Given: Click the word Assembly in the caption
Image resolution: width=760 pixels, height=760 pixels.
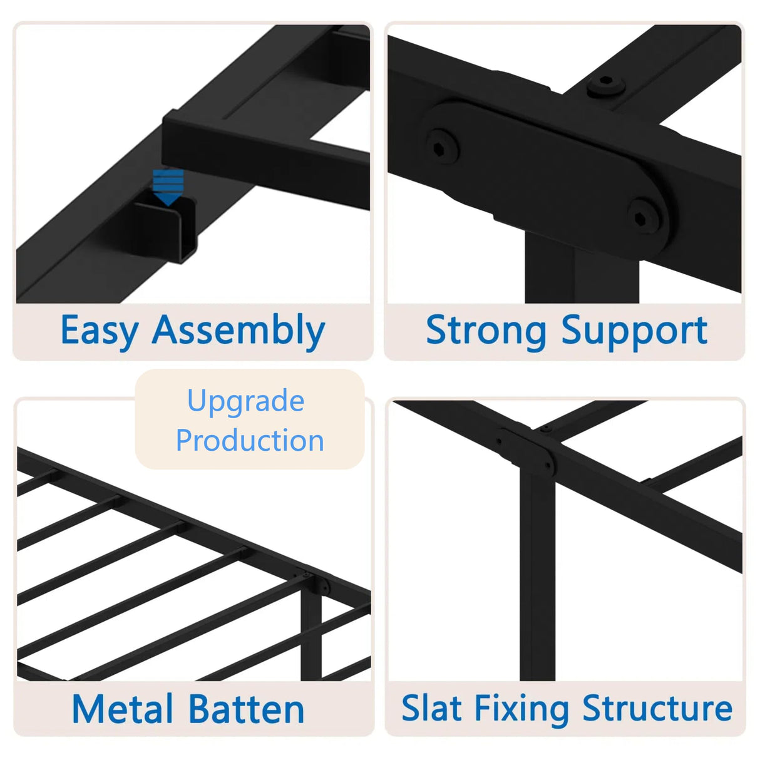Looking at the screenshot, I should pos(239,331).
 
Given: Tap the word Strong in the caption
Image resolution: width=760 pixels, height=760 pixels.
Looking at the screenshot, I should pos(486,331).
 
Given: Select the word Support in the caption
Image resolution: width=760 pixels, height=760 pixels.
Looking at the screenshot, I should pos(634,331).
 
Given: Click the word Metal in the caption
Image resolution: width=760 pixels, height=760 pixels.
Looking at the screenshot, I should pos(122,709).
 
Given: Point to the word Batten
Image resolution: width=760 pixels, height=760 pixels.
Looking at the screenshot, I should pos(246,709).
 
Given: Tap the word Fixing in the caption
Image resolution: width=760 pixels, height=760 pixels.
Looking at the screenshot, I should pos(521,708).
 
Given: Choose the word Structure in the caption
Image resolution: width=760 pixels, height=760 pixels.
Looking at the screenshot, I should pos(657,708).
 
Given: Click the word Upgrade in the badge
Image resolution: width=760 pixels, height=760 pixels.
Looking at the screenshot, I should pos(245,401).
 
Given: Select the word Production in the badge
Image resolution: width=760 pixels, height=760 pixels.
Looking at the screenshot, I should pos(250,441).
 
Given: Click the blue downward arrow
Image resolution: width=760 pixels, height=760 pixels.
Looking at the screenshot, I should pos(168,187).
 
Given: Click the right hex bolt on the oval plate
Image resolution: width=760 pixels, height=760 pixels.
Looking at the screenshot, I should pos(644,217).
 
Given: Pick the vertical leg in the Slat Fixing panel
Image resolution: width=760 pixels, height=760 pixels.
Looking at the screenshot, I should pos(537,576).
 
